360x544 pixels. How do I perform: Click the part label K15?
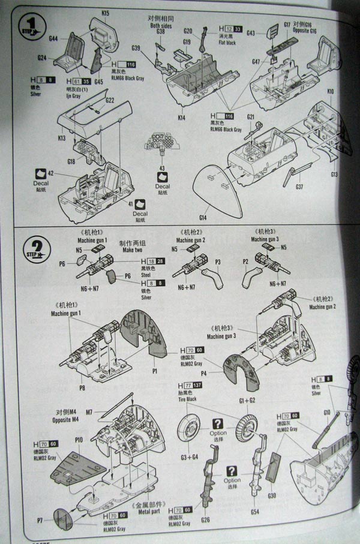click(105, 13)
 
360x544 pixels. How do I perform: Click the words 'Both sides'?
click(161, 25)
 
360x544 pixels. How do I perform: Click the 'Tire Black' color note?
click(188, 397)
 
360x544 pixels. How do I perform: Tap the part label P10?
click(79, 440)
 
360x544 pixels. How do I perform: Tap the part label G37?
click(299, 187)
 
